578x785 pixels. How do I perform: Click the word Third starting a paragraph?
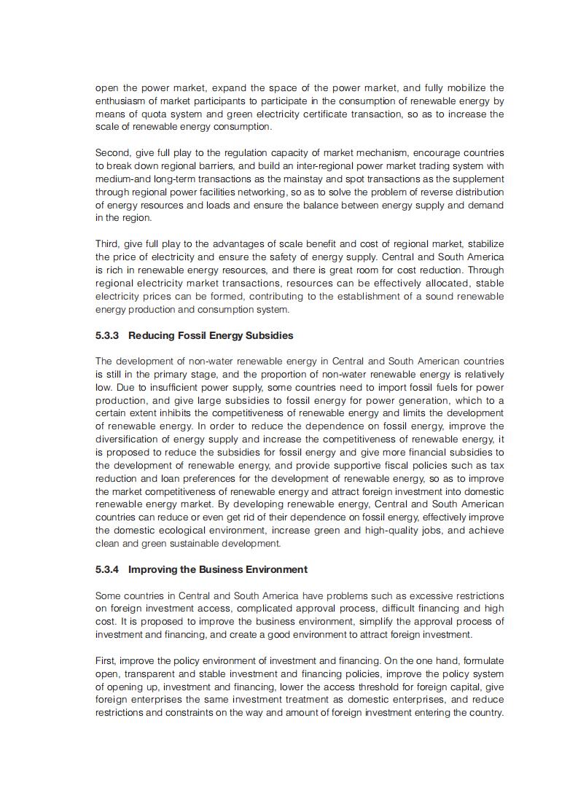[x=108, y=243]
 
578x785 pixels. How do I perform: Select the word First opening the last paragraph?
[x=107, y=660]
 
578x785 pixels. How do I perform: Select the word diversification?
[x=131, y=440]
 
